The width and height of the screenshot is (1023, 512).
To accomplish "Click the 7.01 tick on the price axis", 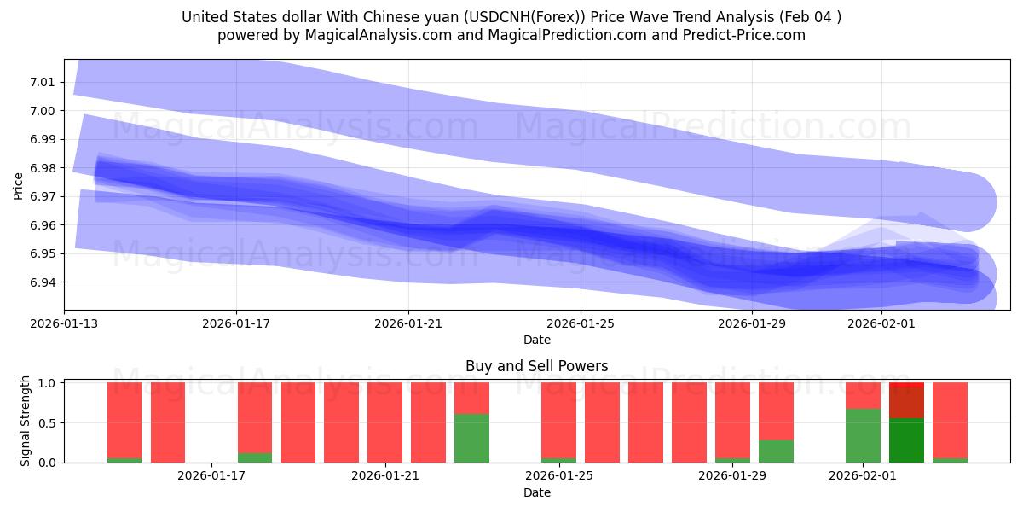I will [43, 82].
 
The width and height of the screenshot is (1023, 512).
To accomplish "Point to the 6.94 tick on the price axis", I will [43, 282].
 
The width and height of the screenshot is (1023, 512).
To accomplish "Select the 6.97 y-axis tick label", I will [43, 196].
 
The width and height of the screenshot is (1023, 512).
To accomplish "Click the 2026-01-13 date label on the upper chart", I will [64, 323].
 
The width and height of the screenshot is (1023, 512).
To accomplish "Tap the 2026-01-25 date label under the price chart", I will [581, 323].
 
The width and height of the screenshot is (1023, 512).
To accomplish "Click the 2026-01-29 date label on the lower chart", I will [732, 476].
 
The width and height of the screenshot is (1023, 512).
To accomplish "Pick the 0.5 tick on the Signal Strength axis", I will [49, 423].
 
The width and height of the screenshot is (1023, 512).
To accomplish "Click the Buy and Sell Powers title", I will [537, 366].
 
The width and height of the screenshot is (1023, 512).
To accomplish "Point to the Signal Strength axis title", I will [26, 421].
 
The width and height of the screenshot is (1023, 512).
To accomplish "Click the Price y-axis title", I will [19, 185].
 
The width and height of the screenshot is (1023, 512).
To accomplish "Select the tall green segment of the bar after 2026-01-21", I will [471, 438].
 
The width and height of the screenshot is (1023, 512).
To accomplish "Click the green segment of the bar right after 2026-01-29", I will [776, 451].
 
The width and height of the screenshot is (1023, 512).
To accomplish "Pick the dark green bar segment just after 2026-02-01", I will [906, 440].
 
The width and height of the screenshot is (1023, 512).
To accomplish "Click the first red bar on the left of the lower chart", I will [124, 421].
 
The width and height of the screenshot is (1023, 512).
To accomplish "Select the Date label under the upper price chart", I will [537, 340].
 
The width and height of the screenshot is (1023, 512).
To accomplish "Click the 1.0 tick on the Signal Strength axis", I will [49, 383].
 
